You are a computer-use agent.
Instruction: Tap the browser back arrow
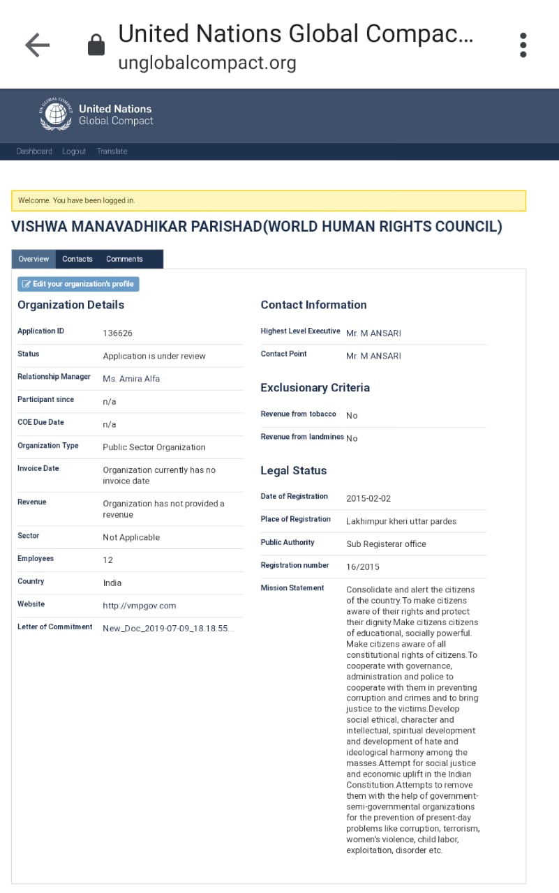tap(38, 46)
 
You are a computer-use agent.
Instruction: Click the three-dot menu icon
tap(523, 45)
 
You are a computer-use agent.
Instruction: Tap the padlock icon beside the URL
tap(96, 46)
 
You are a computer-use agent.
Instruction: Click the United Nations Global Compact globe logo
tap(56, 114)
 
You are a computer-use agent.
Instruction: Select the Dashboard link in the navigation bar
tap(34, 151)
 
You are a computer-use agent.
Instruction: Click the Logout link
tap(74, 151)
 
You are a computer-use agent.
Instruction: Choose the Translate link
tap(112, 151)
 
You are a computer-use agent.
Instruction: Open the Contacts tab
tap(77, 259)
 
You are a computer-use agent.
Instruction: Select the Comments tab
tap(124, 259)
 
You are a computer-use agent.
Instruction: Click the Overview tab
tap(33, 259)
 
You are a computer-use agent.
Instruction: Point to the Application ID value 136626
tap(117, 333)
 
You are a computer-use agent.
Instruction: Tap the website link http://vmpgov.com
tap(140, 606)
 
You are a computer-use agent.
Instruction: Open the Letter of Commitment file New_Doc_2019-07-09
tap(168, 629)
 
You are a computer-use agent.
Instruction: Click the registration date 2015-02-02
tap(368, 499)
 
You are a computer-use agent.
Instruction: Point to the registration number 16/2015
tap(363, 567)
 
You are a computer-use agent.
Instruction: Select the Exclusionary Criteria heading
tap(315, 388)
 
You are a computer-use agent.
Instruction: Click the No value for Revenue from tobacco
tap(352, 416)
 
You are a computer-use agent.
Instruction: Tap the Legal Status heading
tap(293, 471)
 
